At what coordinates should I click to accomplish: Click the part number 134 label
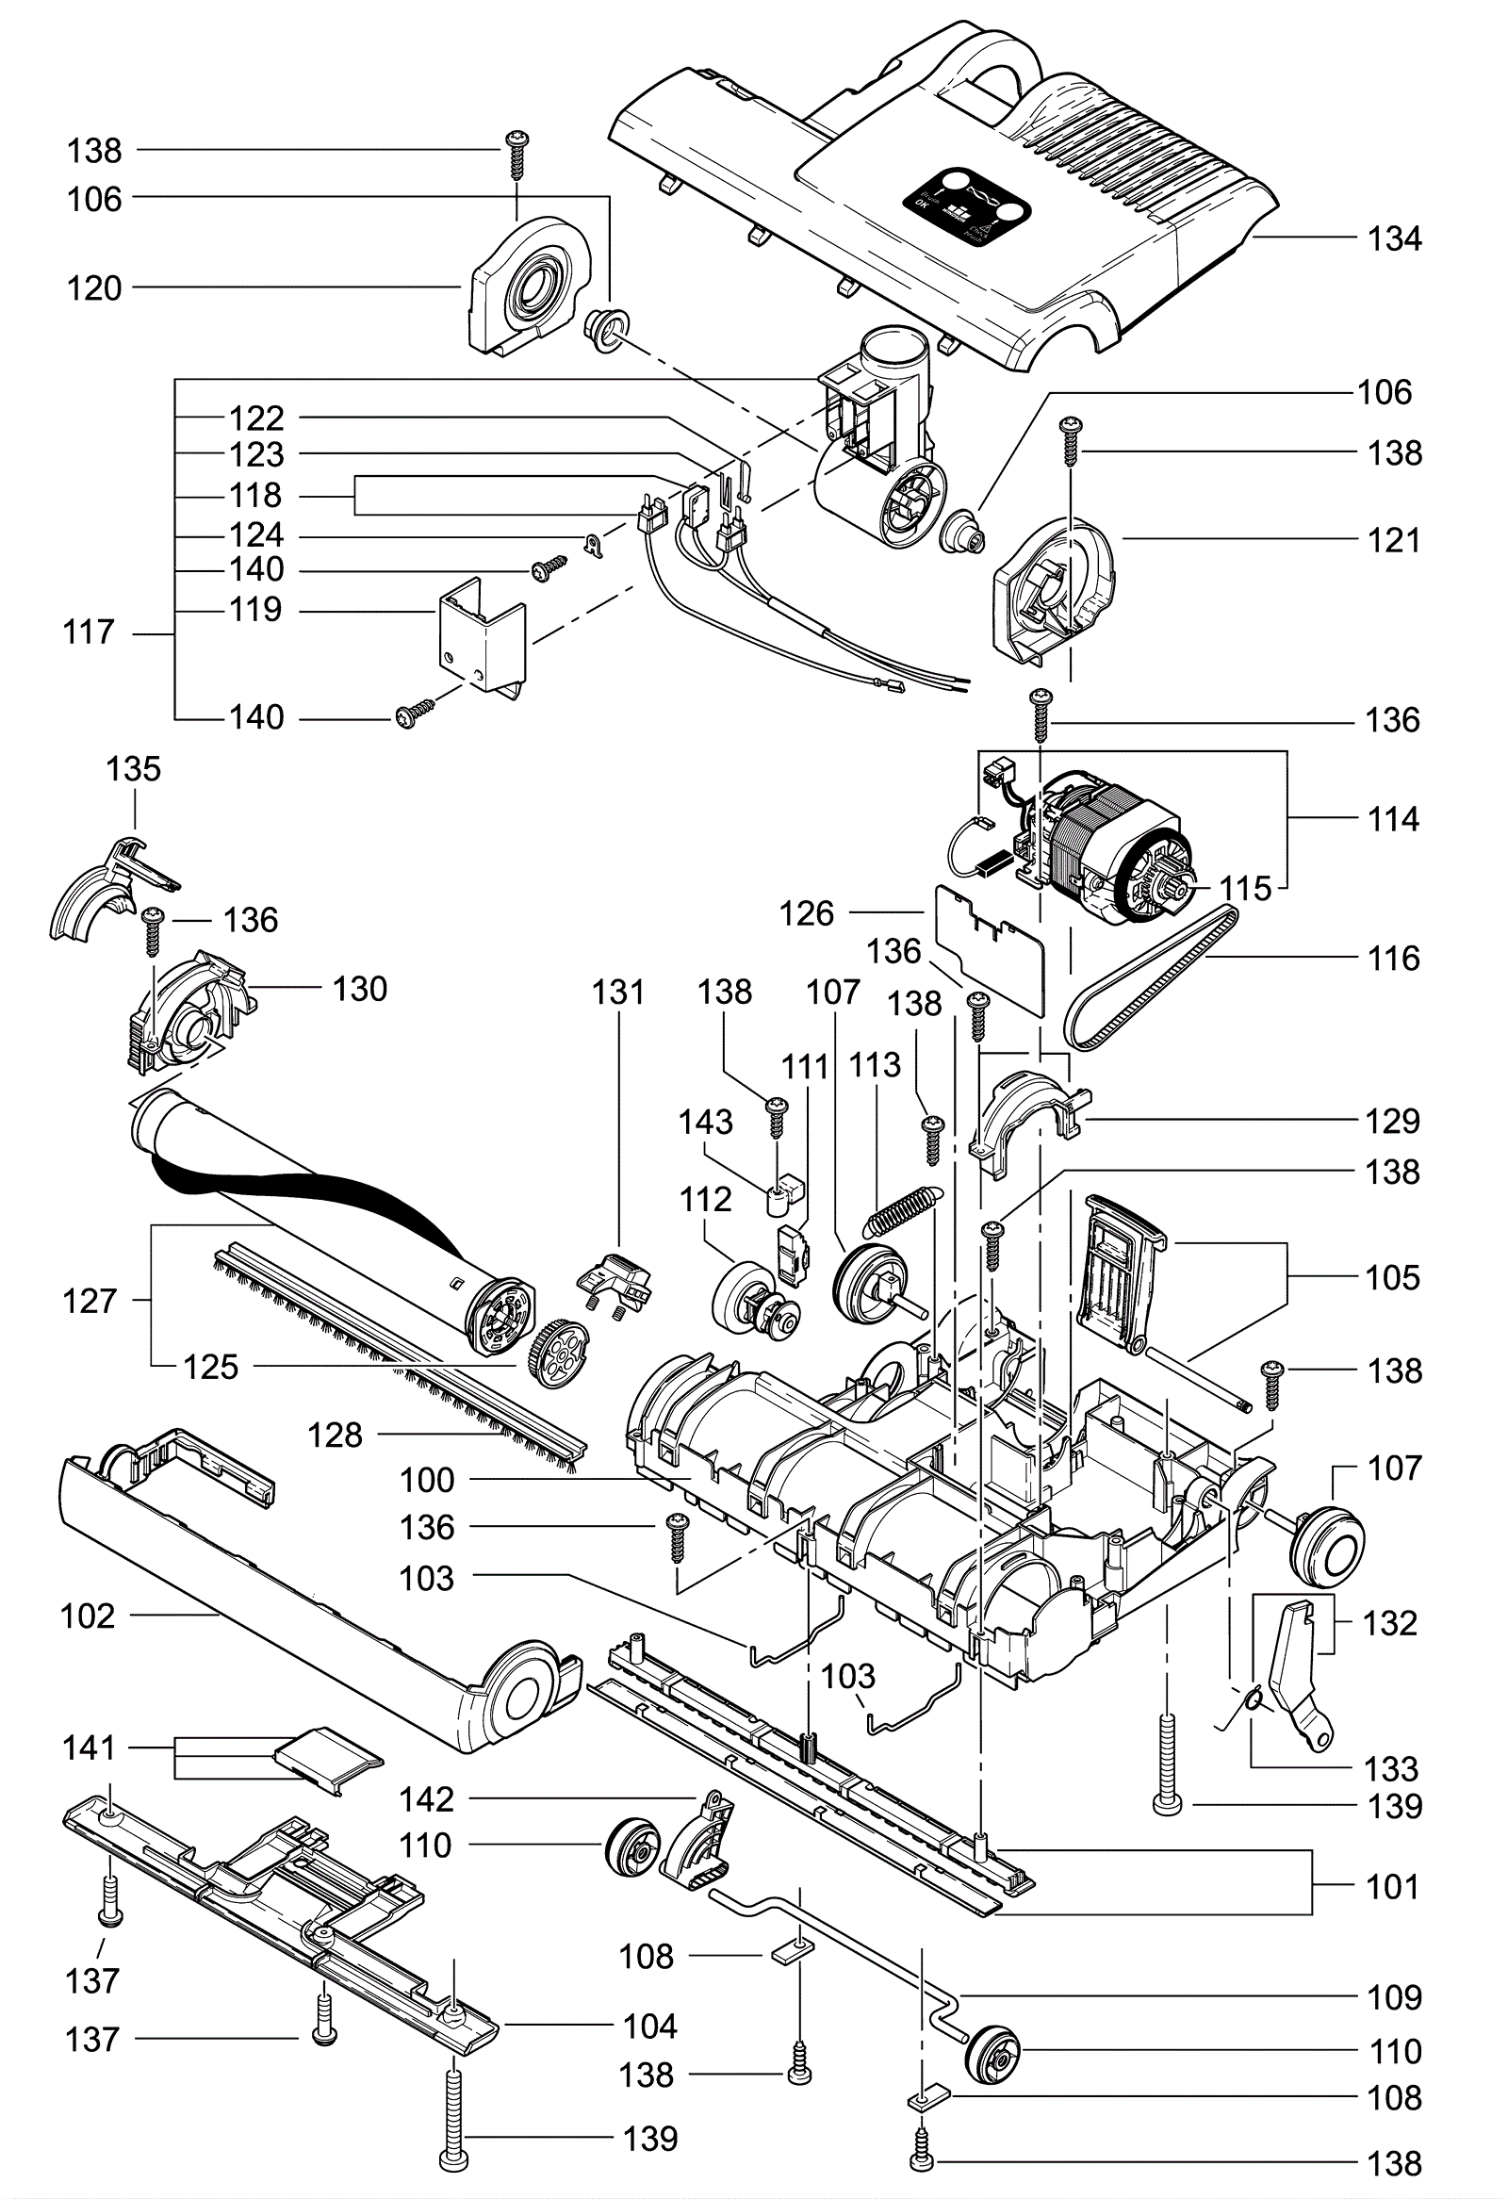pyautogui.click(x=1394, y=239)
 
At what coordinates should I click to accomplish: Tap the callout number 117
pyautogui.click(x=88, y=632)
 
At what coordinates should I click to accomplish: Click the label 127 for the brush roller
pyautogui.click(x=89, y=1301)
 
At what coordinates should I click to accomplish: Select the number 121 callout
pyautogui.click(x=1394, y=541)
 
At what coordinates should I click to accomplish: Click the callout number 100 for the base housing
pyautogui.click(x=427, y=1480)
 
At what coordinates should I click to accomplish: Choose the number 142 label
pyautogui.click(x=427, y=1798)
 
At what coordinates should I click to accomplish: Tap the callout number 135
pyautogui.click(x=134, y=769)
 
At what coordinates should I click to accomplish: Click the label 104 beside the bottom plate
pyautogui.click(x=650, y=2026)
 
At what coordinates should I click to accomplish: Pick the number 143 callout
pyautogui.click(x=706, y=1123)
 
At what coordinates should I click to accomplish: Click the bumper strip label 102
pyautogui.click(x=88, y=1616)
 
